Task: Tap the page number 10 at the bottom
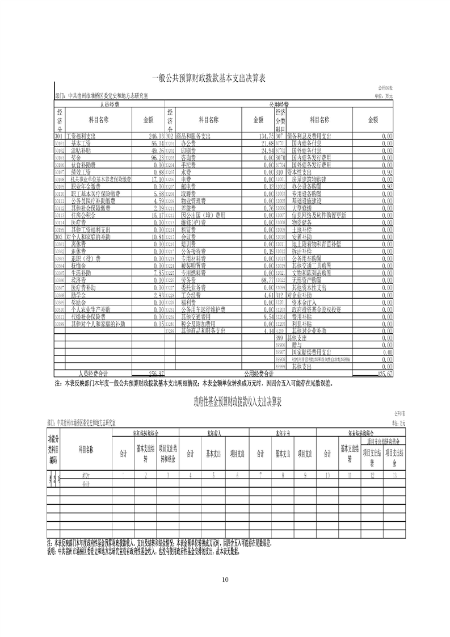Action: [225, 579]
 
